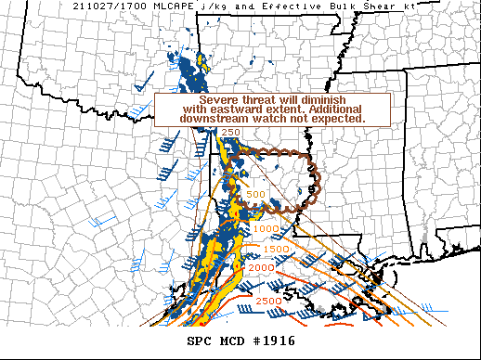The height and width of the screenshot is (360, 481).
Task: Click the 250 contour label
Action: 231,134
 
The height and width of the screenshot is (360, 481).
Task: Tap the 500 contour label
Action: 256,195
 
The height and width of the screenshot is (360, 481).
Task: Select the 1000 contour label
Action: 266,228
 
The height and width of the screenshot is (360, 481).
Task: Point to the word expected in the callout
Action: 338,120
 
